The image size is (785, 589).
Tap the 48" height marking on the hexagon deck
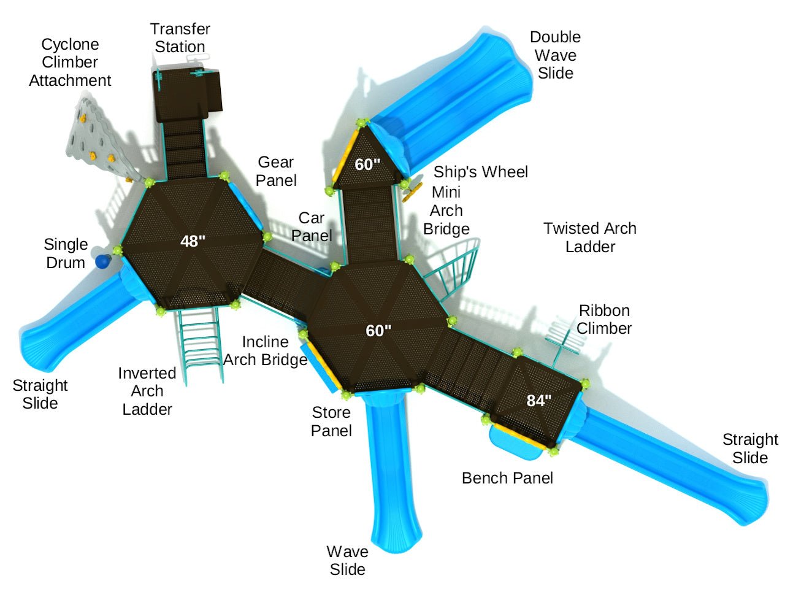point(193,241)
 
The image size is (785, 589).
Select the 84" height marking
point(539,401)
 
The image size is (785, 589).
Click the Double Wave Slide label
point(555,55)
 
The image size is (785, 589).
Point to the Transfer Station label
point(180,38)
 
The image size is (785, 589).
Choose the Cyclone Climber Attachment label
point(70,63)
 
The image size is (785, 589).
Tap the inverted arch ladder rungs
point(199,344)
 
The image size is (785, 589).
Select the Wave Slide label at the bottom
point(347,560)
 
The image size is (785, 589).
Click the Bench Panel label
point(507,478)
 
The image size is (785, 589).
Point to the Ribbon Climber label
point(604,319)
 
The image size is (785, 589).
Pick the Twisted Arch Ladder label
point(590,237)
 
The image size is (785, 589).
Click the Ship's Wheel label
point(480,172)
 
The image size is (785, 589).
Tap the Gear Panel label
point(276,171)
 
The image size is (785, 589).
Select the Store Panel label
point(331,422)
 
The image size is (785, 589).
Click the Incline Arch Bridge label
point(265,351)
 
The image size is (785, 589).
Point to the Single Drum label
point(65,253)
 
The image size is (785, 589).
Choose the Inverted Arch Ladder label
point(147,391)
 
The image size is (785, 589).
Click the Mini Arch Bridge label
point(446,210)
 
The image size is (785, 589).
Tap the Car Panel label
point(312,226)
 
